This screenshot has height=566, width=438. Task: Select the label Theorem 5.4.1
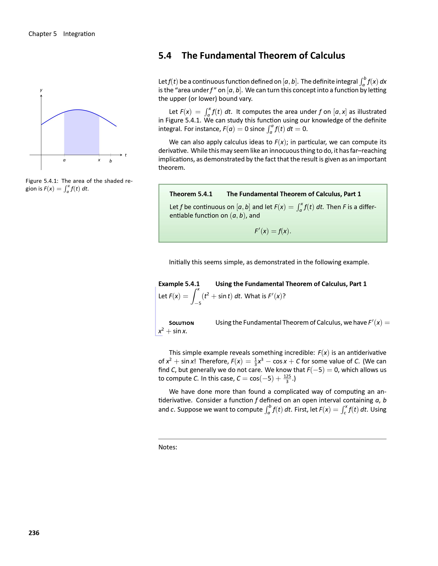pos(191,194)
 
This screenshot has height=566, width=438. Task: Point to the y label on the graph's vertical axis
pos(41,90)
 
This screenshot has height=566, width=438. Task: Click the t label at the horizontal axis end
pos(126,155)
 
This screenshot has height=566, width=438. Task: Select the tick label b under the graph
pos(111,161)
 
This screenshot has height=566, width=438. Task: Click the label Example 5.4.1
pos(179,284)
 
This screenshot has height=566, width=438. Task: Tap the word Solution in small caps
pos(181,323)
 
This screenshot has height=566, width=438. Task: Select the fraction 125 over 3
pos(287,379)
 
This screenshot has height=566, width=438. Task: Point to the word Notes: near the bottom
pos(168,447)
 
